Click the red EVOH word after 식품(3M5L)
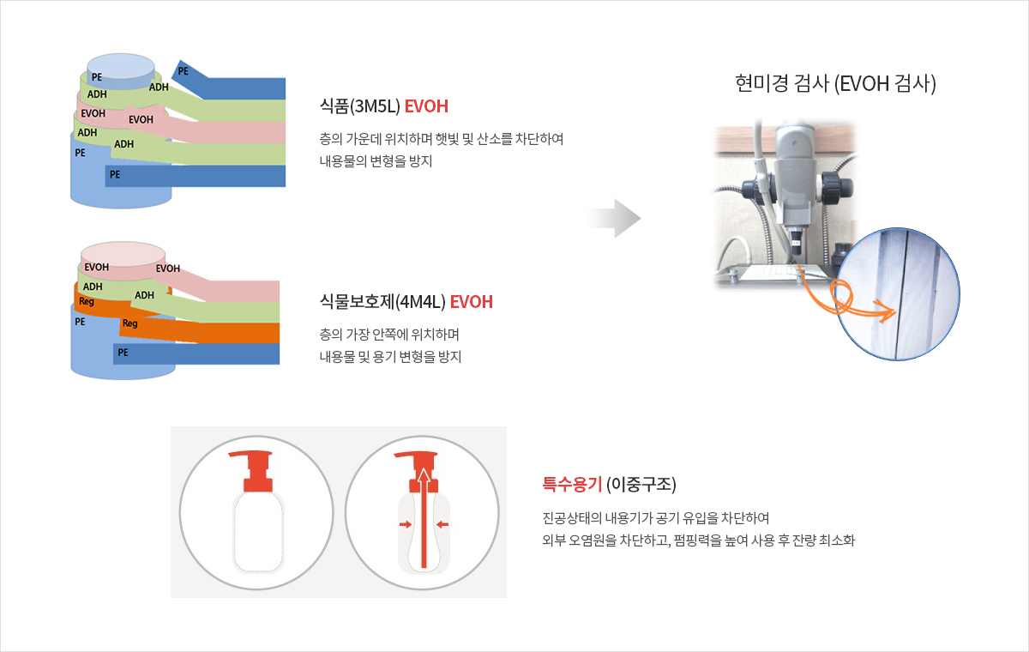point(426,106)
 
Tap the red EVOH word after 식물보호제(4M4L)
point(472,302)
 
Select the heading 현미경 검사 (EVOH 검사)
point(835,83)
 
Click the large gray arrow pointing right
point(614,218)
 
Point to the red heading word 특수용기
point(572,485)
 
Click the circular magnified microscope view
point(897,294)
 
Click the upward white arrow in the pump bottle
point(424,518)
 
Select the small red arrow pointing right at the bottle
point(405,524)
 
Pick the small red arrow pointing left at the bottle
point(442,524)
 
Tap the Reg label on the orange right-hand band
point(130,323)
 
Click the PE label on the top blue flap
point(184,71)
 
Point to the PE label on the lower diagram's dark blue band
point(123,353)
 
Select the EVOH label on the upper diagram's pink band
point(141,119)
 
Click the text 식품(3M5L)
point(360,106)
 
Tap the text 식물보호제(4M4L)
point(382,302)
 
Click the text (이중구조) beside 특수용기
point(641,485)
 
